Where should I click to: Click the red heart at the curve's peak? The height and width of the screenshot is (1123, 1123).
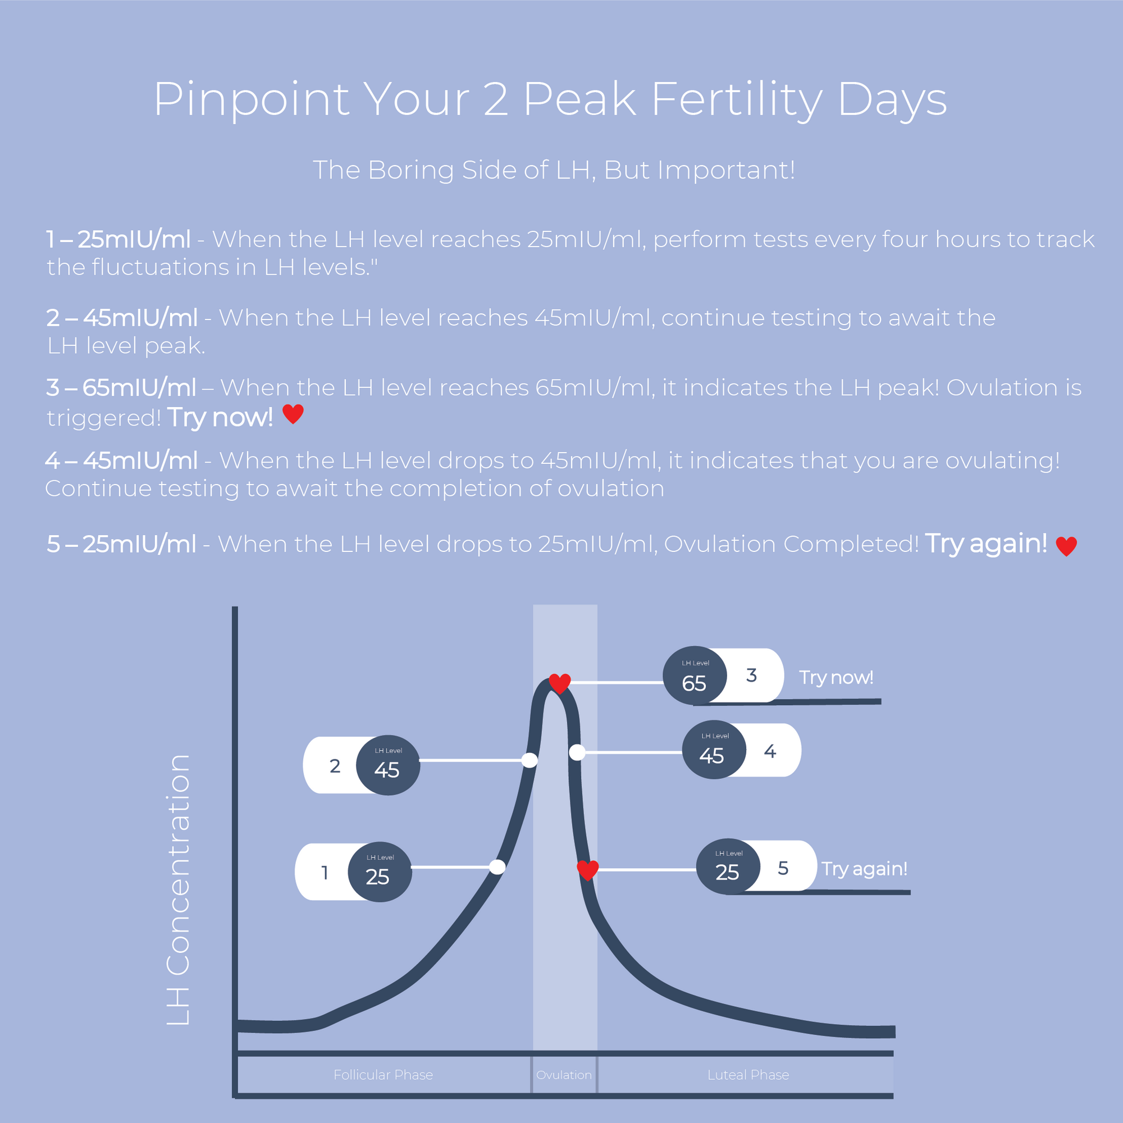click(560, 683)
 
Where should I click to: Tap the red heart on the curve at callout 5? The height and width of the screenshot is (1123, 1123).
click(588, 870)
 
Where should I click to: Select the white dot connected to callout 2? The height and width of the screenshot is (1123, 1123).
click(529, 760)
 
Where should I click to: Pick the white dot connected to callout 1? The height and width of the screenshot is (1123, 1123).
click(497, 868)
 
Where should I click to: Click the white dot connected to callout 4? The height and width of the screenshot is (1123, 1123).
click(577, 752)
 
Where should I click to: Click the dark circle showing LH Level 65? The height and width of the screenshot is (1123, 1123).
click(695, 675)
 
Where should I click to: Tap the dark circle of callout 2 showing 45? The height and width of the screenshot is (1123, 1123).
click(387, 765)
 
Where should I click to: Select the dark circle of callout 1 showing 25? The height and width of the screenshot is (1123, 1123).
click(380, 872)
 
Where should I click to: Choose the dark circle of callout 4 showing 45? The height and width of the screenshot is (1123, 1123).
click(713, 750)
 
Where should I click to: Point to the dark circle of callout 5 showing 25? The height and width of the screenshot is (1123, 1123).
click(728, 866)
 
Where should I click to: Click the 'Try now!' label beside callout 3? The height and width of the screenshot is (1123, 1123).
click(836, 677)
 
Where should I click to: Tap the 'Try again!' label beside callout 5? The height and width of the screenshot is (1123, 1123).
click(864, 869)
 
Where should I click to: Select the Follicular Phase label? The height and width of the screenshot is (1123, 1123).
click(383, 1075)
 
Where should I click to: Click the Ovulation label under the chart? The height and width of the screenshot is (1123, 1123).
click(564, 1075)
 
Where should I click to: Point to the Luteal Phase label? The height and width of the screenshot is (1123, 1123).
click(748, 1075)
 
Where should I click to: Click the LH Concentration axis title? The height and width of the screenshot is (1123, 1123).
click(178, 890)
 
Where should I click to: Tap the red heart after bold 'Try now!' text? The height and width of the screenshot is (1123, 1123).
click(293, 414)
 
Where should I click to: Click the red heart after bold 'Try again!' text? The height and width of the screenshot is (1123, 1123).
click(1066, 546)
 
